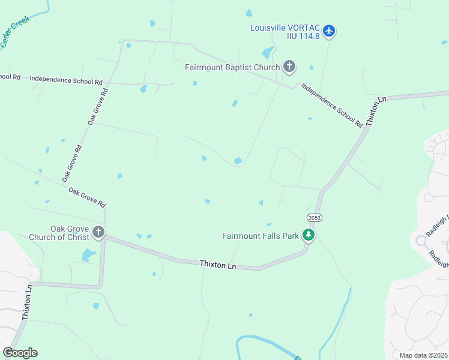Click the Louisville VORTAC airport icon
tap(328, 31)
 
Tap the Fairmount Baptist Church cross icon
tap(289, 67)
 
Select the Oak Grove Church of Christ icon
tap(98, 232)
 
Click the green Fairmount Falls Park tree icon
tap(308, 235)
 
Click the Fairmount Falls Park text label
tap(261, 236)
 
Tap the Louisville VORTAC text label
tap(285, 31)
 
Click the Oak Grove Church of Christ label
tap(59, 233)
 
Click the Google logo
tap(20, 352)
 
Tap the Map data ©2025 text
tap(423, 355)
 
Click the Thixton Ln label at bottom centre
tap(218, 263)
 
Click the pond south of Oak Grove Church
tap(89, 256)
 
